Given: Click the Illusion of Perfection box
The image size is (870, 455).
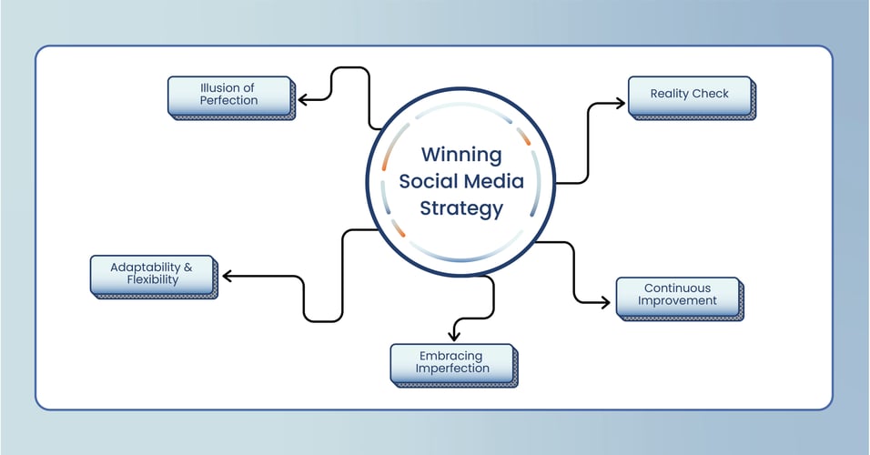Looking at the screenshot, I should [229, 95].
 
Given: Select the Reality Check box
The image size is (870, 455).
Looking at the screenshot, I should [690, 95].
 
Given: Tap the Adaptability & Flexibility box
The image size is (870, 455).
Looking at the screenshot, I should [151, 274].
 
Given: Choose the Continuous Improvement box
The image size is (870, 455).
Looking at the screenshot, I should [677, 295].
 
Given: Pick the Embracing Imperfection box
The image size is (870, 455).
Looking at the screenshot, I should [451, 362].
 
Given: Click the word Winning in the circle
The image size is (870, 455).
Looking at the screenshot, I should [461, 154].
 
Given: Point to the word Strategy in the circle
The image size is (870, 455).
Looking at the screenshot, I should [461, 208].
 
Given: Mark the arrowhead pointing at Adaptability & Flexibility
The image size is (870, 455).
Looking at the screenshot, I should [225, 276].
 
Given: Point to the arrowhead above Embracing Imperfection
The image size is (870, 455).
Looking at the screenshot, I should [453, 338].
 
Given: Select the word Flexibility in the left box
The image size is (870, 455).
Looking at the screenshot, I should [152, 280].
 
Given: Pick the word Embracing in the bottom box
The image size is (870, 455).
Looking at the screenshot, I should [452, 356].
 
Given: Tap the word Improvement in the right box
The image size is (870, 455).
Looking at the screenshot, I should [677, 301].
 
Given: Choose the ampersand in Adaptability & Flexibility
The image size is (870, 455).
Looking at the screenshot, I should [188, 268].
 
